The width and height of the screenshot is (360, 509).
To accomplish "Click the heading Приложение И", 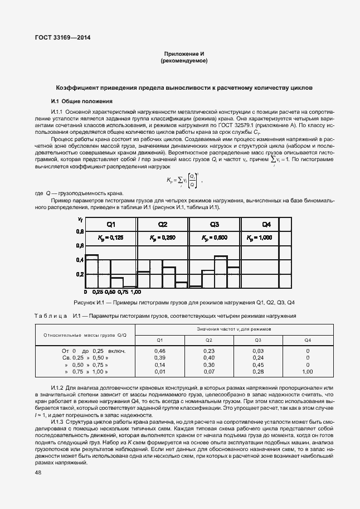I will point(184,53).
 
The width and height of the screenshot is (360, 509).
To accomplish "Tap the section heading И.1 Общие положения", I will point(82,101).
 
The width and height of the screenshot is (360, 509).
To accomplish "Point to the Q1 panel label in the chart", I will point(111,224).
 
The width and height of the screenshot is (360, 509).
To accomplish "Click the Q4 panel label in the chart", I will point(266,224).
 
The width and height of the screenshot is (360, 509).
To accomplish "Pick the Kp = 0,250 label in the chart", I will point(162,238).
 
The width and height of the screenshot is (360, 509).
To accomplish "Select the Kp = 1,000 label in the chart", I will point(259,238).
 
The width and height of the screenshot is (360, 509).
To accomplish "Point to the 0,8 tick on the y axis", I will point(80,231).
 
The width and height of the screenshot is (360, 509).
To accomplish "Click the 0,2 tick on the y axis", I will point(80,275).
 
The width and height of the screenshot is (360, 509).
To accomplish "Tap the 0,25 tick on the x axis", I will point(98,292).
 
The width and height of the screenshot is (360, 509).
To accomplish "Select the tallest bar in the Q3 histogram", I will point(221,272).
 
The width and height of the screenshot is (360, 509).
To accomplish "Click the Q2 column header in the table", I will point(209,340).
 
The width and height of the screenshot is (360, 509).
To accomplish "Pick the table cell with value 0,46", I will point(159,351).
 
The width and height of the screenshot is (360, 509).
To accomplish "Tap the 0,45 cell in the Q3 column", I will point(258,364).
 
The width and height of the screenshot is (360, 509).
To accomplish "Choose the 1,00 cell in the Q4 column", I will point(307,371).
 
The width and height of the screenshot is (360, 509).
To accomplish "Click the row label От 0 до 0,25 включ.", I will point(93,351).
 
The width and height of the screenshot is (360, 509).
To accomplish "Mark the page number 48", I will point(38,472).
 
